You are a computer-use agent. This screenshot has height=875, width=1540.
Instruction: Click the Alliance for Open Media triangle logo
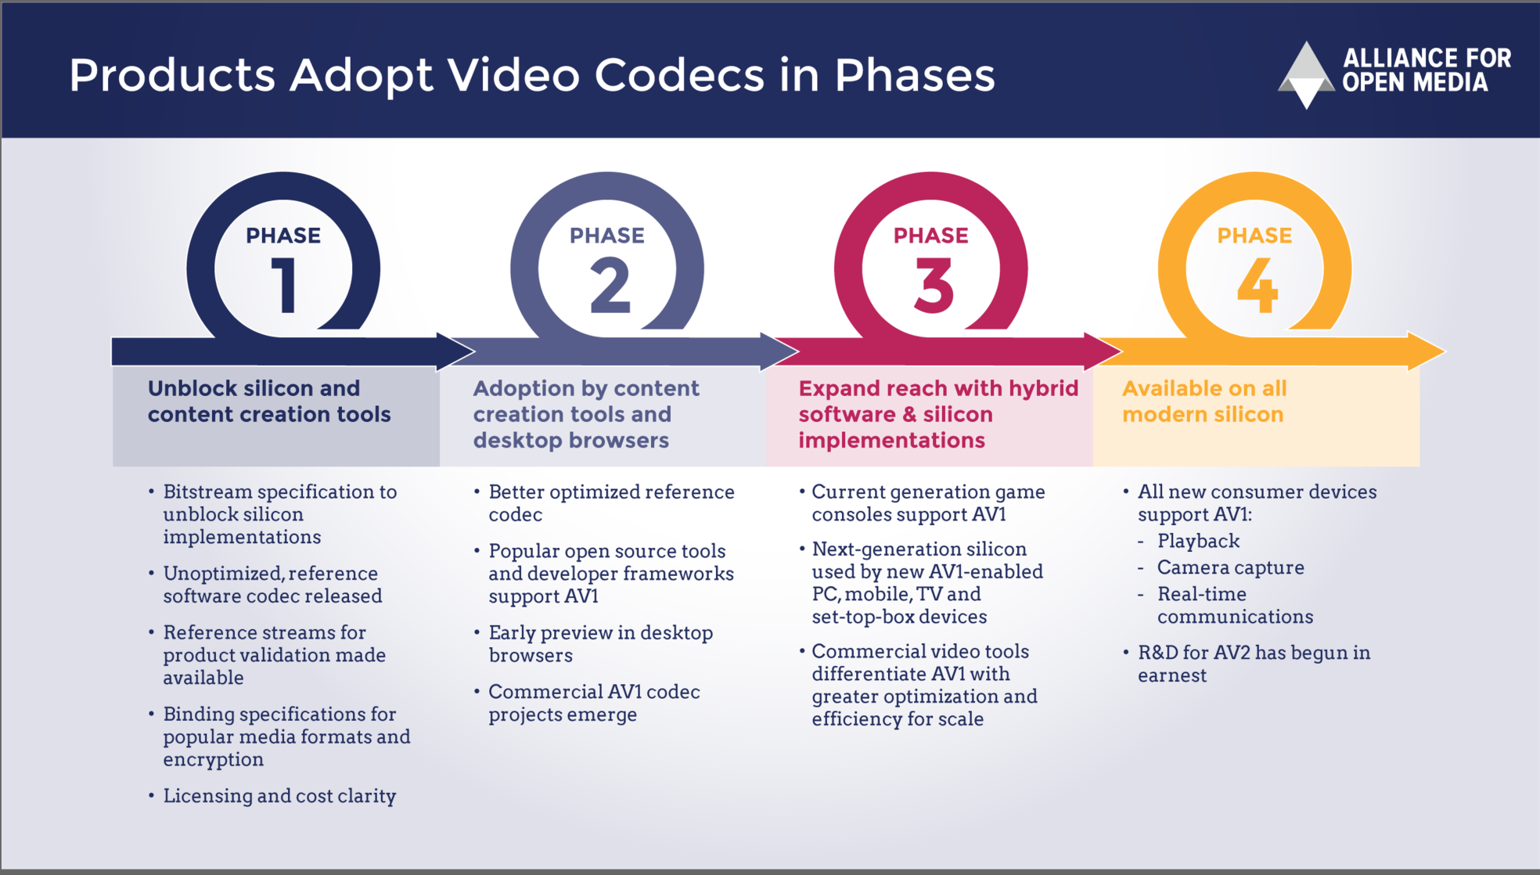point(1306,74)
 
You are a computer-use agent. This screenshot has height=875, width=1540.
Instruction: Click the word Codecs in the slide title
point(679,75)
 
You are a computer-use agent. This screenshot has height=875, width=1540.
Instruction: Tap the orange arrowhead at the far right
point(1426,351)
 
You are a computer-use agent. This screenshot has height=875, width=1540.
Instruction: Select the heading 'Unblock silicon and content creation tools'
point(269,401)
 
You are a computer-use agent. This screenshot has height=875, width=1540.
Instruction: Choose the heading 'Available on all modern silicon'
point(1204,401)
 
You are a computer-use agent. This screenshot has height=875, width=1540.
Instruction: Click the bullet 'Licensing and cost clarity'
point(279,796)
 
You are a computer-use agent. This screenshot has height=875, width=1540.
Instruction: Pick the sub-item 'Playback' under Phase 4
point(1198,541)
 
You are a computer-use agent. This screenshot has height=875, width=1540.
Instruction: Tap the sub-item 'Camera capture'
point(1230,567)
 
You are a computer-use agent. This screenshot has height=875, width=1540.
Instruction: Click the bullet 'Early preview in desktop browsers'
point(600,643)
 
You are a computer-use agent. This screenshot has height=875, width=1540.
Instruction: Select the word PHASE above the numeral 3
point(930,236)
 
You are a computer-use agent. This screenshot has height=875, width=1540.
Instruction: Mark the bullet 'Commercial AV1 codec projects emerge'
point(594,703)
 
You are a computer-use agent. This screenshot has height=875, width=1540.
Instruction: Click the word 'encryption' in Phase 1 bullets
point(214,760)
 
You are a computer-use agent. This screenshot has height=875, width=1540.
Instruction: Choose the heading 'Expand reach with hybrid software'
point(938,401)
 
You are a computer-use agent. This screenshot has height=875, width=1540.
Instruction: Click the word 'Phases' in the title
point(914,75)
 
